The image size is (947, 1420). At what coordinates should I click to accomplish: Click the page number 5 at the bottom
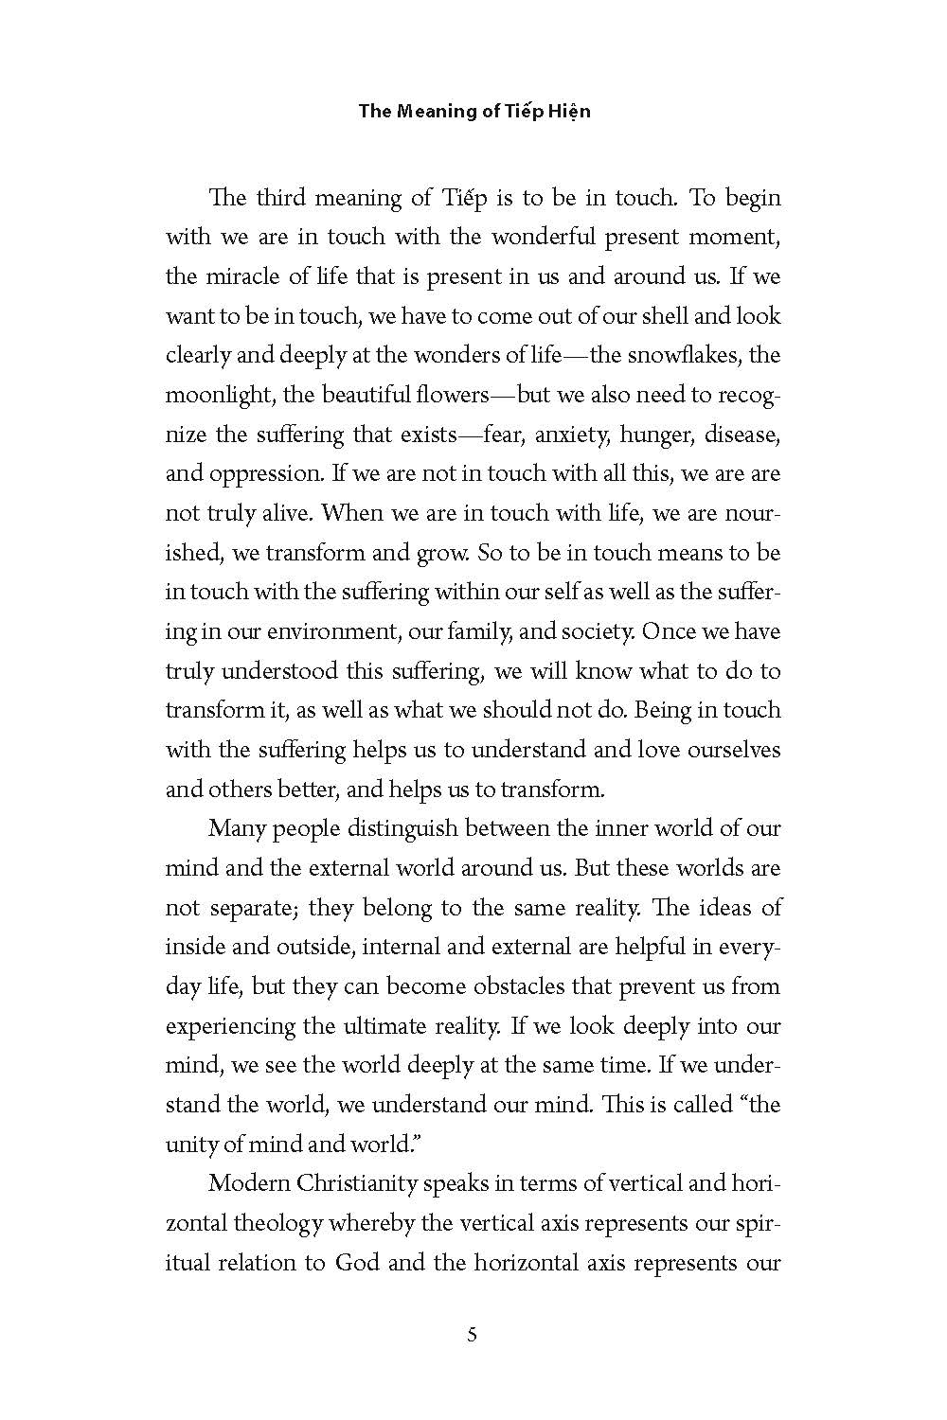tap(473, 1336)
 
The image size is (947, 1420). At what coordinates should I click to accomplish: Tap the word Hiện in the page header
tap(566, 111)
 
